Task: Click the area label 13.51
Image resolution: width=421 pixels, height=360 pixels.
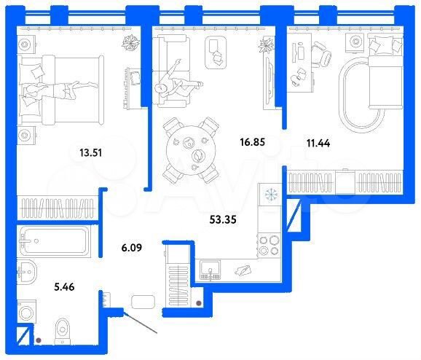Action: coord(93,152)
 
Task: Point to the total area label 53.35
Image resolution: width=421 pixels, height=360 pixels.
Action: coord(224,218)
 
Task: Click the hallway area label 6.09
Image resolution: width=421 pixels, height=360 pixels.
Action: coord(120,248)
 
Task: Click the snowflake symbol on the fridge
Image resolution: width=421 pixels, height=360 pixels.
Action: coord(270,195)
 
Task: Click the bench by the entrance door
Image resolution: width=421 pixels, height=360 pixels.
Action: coord(143,302)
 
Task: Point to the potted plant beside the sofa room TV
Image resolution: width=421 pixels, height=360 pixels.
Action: coord(264,52)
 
